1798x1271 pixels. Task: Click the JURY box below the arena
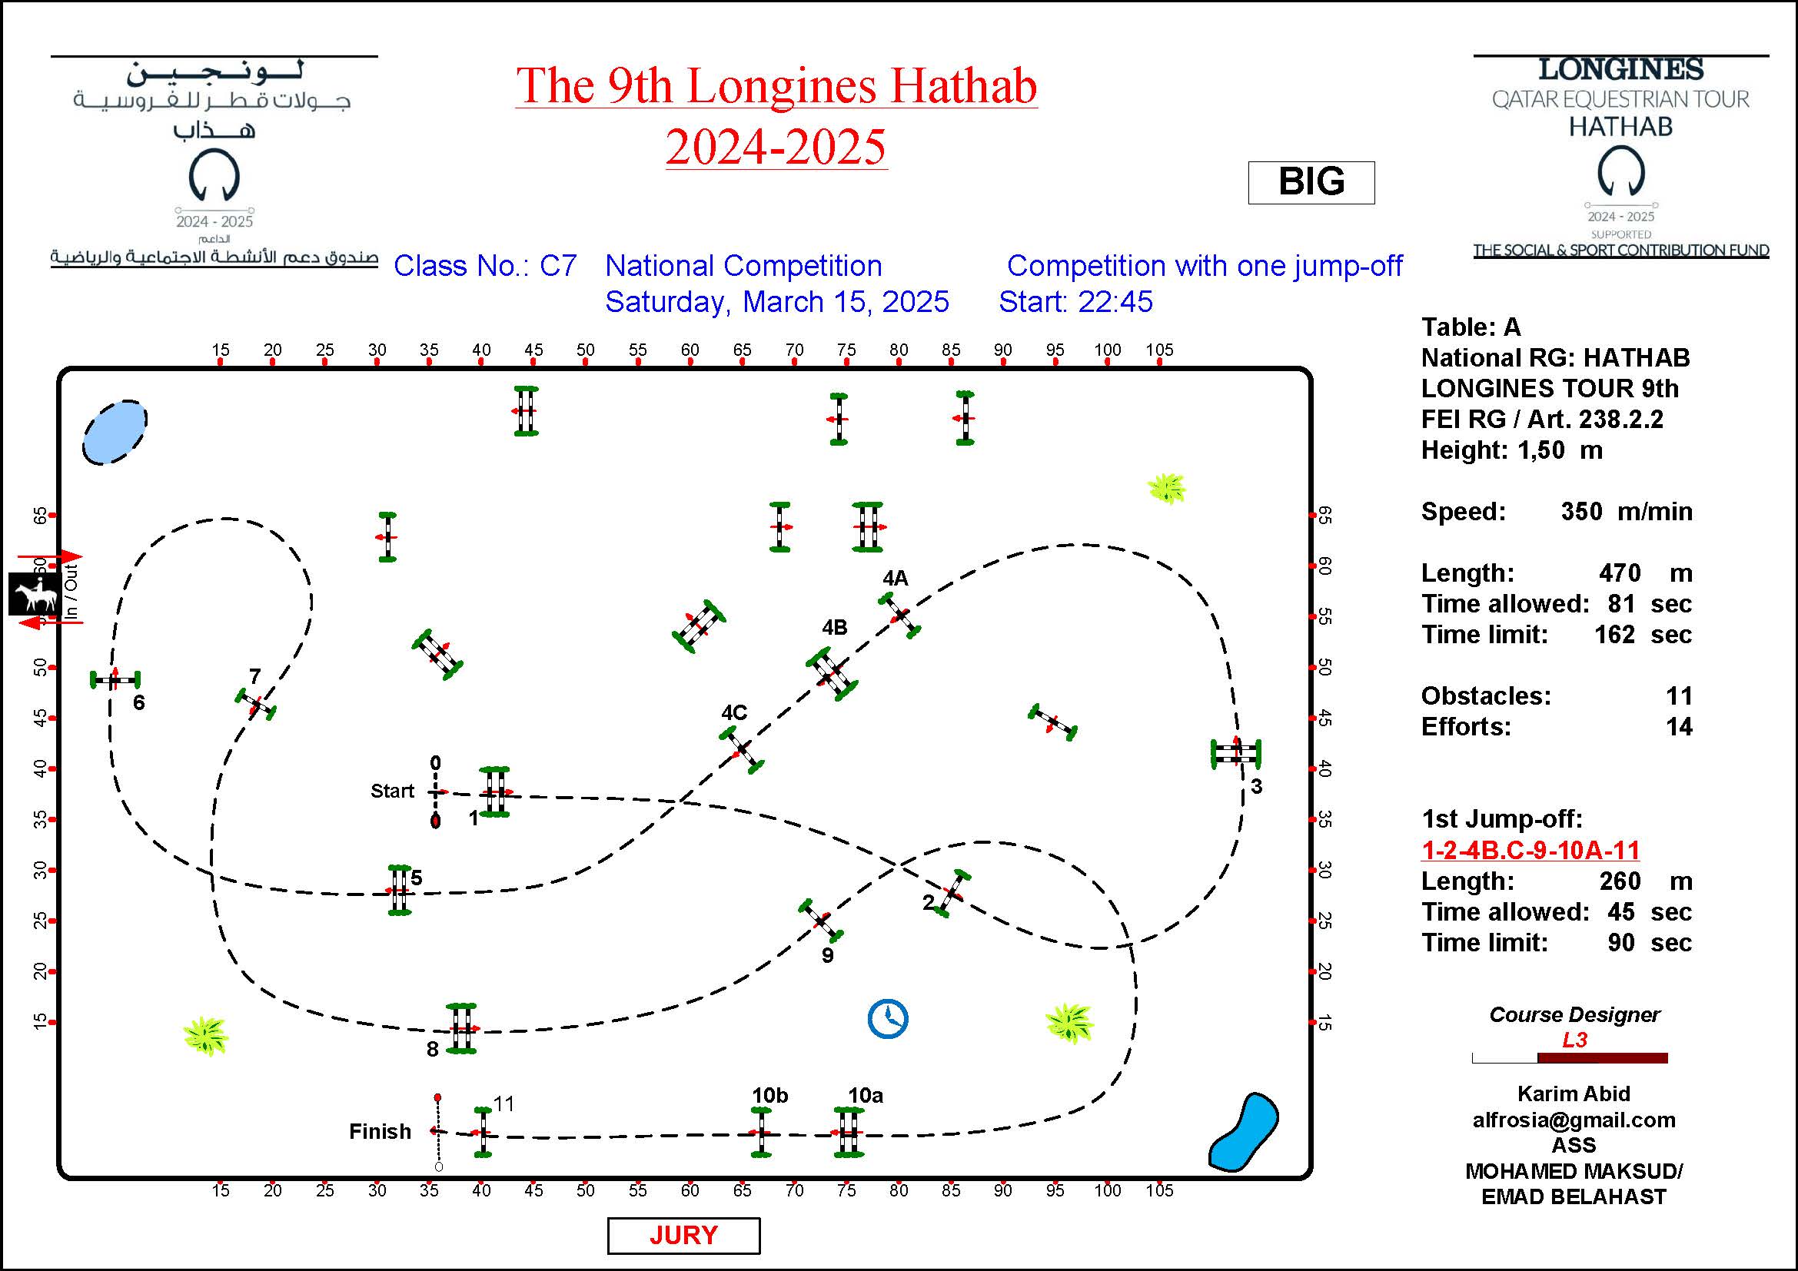(683, 1235)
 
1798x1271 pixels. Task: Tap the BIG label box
(1311, 182)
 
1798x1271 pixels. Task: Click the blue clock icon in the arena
(887, 1018)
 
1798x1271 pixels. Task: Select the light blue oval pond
(115, 432)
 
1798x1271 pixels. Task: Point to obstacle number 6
(115, 679)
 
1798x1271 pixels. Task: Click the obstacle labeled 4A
(899, 616)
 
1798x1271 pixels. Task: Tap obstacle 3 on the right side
(1236, 753)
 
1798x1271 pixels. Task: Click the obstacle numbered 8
(461, 1028)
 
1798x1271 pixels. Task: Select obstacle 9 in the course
(821, 921)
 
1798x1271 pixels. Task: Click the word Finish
(380, 1131)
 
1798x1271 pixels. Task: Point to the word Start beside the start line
(391, 791)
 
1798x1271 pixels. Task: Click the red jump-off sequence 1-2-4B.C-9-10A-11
(1530, 850)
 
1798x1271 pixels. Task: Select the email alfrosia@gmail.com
(1574, 1120)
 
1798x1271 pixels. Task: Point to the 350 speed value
(1581, 512)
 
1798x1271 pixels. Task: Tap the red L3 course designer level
(1574, 1040)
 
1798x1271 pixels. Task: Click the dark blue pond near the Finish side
(1244, 1132)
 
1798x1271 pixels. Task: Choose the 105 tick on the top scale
(1159, 350)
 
